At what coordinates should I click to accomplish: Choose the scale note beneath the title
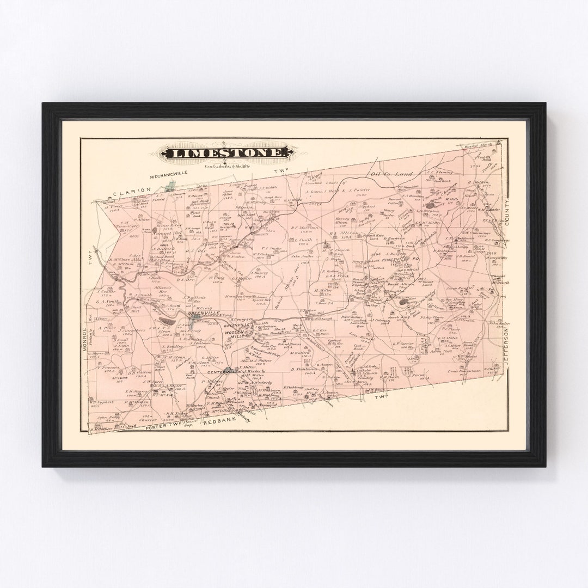228,167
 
